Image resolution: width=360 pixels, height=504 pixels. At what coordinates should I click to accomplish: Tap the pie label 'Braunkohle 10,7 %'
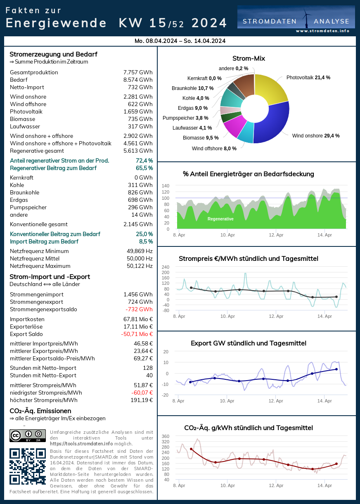click(x=192, y=88)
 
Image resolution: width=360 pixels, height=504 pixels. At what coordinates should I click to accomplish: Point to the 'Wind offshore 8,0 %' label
click(x=214, y=149)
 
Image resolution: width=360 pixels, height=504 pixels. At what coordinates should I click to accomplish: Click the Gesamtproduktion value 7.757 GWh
click(x=138, y=73)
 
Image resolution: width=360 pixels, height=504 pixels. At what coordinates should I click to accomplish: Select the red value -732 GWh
click(x=139, y=310)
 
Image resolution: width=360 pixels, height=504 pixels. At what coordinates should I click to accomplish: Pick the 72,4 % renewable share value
click(x=144, y=161)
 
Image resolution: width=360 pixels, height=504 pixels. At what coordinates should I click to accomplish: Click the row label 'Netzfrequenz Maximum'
click(x=40, y=266)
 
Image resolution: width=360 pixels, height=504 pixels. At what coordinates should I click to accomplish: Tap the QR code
click(x=28, y=466)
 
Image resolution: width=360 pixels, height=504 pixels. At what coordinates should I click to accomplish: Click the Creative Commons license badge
click(x=28, y=435)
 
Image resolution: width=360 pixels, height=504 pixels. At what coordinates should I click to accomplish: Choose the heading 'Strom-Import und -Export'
click(x=50, y=277)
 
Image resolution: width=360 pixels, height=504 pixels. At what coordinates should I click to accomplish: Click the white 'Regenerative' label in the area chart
click(x=220, y=219)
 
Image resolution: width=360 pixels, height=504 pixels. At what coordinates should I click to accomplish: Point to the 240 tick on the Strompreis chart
click(x=165, y=267)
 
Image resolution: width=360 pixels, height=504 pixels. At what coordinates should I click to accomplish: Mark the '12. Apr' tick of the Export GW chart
click(x=276, y=401)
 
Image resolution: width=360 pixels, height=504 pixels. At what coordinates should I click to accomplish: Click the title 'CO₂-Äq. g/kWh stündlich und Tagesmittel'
click(x=249, y=428)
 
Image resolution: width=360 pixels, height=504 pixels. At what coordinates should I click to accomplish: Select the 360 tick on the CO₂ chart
click(x=165, y=436)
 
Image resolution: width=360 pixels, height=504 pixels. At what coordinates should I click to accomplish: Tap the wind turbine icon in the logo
click(x=306, y=19)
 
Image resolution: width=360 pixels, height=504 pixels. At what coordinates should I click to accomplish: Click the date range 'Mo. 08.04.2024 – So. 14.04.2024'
click(x=180, y=41)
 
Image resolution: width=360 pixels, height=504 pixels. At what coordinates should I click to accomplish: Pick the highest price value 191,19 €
click(x=142, y=400)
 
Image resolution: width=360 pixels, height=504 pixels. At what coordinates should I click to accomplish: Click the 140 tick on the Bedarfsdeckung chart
click(x=165, y=186)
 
